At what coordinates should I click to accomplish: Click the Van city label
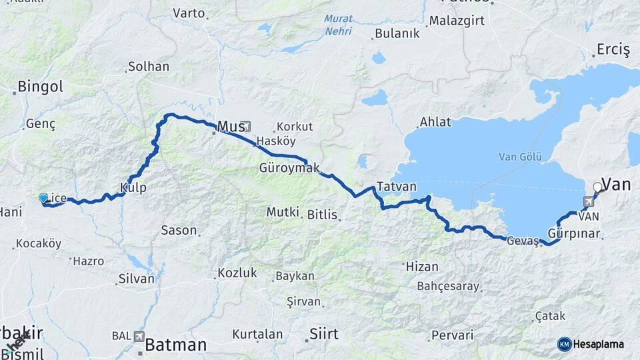[616, 184]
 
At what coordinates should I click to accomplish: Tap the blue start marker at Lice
[43, 198]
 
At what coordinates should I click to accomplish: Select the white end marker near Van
[597, 187]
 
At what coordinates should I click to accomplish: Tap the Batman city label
[175, 345]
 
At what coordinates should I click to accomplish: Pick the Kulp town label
[133, 187]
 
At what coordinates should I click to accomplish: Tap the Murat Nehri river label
[339, 25]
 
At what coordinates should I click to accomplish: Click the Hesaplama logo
[591, 344]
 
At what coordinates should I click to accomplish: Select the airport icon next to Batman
[139, 337]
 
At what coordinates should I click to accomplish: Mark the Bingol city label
[40, 86]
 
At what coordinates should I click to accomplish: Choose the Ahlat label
[435, 122]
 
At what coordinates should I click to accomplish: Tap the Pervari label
[452, 335]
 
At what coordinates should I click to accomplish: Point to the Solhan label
[148, 67]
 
